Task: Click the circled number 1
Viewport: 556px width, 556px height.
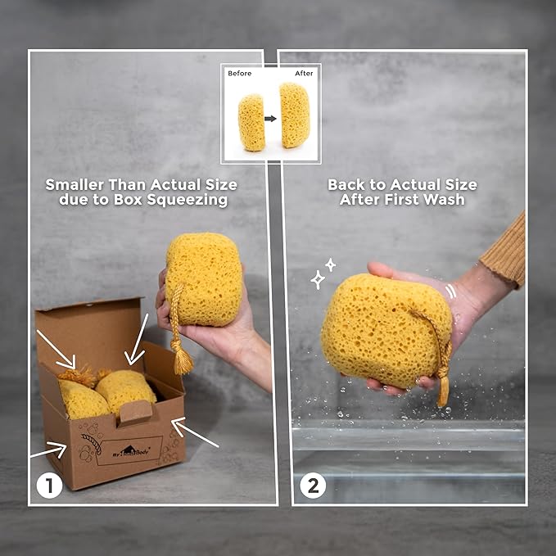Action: click(x=49, y=486)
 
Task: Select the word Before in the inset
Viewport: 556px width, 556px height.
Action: click(x=240, y=74)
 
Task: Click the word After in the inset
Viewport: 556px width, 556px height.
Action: click(x=303, y=74)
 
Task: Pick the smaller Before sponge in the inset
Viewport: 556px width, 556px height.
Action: click(x=251, y=122)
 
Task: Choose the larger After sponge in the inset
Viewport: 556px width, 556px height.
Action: click(x=295, y=115)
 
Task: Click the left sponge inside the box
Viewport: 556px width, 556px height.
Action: click(x=83, y=399)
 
